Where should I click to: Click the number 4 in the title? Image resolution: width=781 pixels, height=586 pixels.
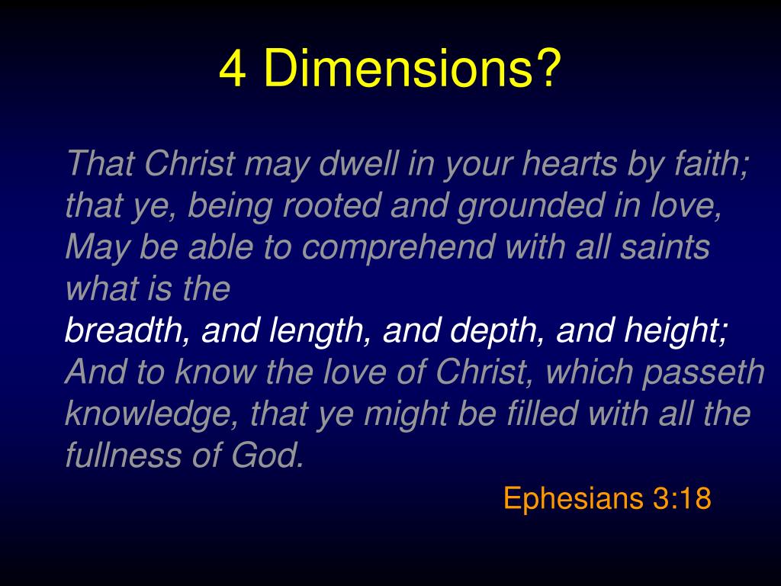click(233, 69)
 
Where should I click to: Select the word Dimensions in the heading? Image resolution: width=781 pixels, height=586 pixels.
click(412, 69)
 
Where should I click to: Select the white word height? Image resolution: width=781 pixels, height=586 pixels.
click(676, 331)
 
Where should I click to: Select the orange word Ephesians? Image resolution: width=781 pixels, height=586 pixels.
click(573, 498)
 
